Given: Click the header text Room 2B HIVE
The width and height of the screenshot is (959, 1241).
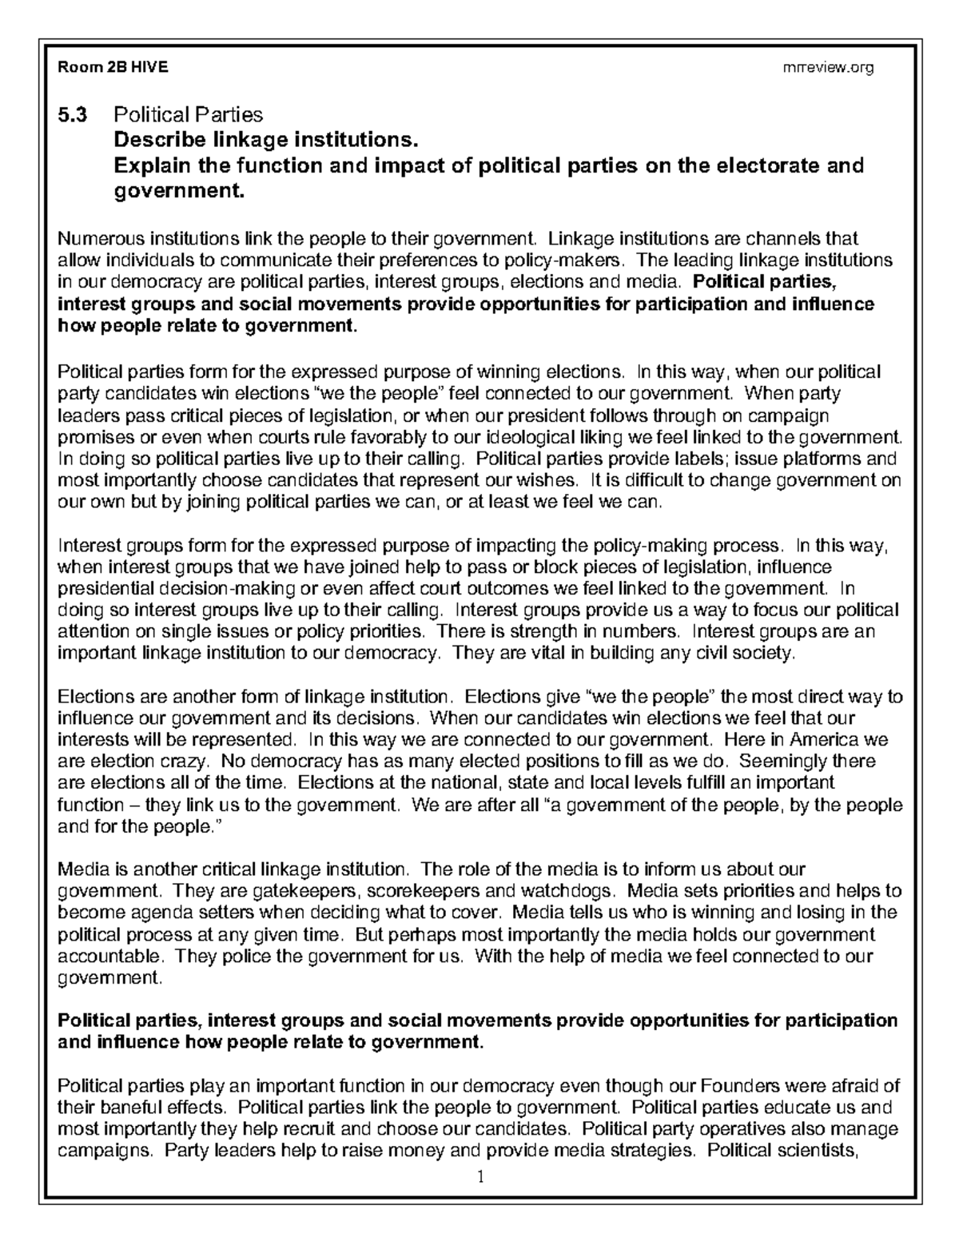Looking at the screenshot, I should click(112, 68).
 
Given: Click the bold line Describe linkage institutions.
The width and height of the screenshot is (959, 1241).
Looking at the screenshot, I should click(266, 141).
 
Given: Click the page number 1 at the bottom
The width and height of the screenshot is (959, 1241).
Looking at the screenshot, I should click(480, 1177).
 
